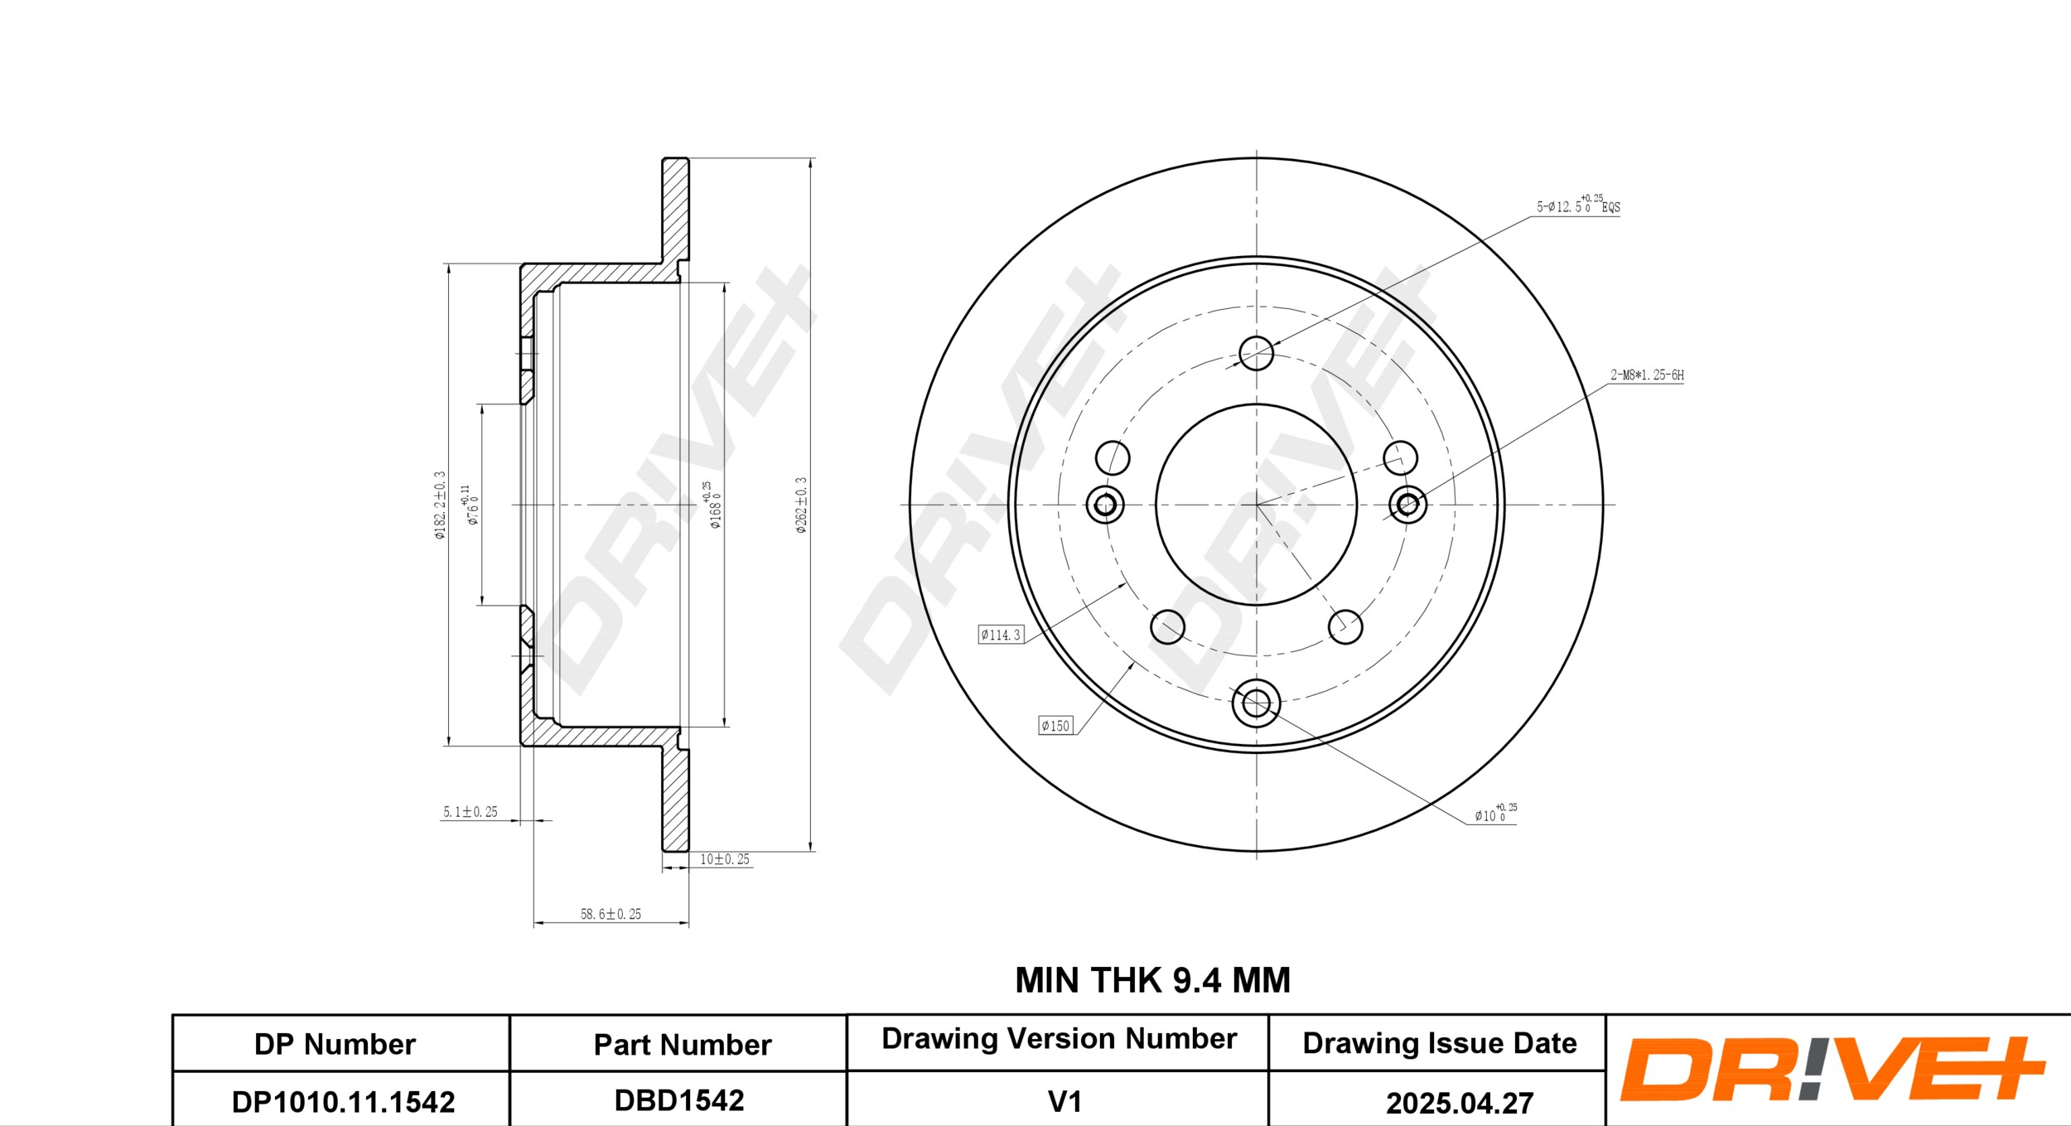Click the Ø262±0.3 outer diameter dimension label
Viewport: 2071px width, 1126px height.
[x=801, y=505]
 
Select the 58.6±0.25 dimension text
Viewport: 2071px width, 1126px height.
[x=611, y=914]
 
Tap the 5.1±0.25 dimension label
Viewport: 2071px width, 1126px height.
[x=470, y=812]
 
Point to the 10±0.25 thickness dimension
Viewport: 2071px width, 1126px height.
[x=725, y=859]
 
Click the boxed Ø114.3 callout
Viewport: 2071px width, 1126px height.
[x=1001, y=635]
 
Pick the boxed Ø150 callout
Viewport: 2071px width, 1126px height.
[x=1055, y=726]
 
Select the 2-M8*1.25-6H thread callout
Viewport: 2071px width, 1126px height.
[x=1647, y=375]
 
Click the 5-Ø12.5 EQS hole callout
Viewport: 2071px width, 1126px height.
[x=1578, y=205]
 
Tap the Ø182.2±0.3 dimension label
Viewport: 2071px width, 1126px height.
[x=440, y=505]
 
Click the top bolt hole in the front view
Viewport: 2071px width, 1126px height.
[x=1256, y=354]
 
